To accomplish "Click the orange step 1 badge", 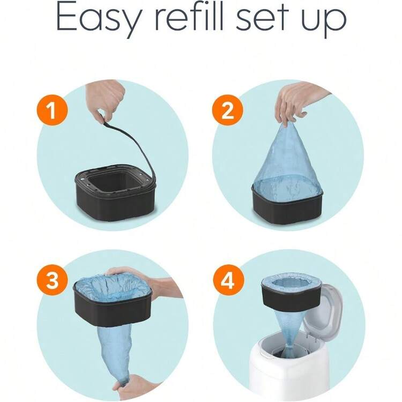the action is click(x=53, y=110).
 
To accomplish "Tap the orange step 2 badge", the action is click(x=228, y=110).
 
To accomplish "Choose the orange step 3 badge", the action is click(x=53, y=280).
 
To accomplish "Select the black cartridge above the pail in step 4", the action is click(x=291, y=295).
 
